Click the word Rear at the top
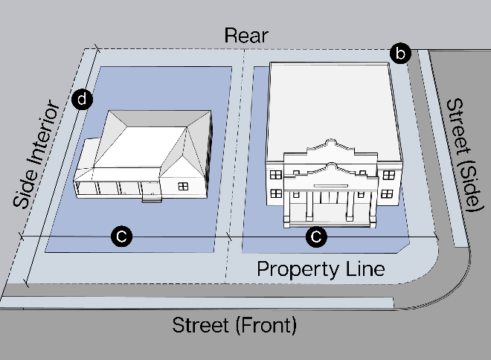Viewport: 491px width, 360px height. (x=245, y=35)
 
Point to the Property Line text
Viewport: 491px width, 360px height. (x=321, y=269)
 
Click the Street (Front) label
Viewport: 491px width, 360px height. (x=234, y=325)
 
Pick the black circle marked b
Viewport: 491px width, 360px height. (x=400, y=54)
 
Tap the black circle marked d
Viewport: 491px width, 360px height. (x=83, y=98)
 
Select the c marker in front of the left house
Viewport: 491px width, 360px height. (x=121, y=237)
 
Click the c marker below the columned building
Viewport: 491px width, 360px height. (x=317, y=237)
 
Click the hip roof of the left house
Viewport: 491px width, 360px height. (x=149, y=141)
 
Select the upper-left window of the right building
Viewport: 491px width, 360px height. (x=276, y=174)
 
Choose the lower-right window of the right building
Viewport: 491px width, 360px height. (x=387, y=194)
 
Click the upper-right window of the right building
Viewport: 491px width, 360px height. (x=387, y=174)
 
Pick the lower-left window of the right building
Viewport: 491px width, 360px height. (x=276, y=193)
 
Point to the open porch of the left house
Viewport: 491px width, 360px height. (x=112, y=186)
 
